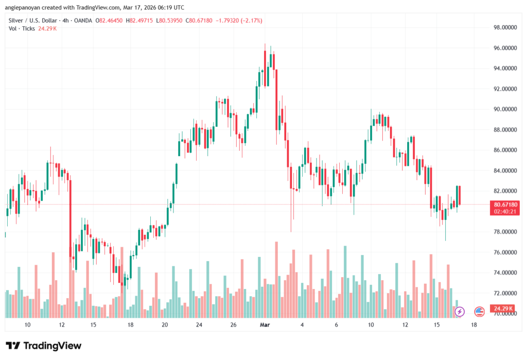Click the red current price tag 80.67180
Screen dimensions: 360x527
[x=505, y=204]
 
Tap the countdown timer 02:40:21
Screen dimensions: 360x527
[x=505, y=211]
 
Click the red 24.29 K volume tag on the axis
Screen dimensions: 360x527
[x=501, y=308]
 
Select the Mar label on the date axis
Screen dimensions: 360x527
[x=265, y=325]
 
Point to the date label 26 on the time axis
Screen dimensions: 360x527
[x=233, y=325]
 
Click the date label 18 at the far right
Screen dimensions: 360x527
[x=473, y=325]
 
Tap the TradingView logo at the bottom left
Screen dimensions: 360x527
[x=43, y=346]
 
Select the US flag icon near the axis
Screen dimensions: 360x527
[x=479, y=311]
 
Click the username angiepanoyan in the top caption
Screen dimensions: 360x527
[x=25, y=7]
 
